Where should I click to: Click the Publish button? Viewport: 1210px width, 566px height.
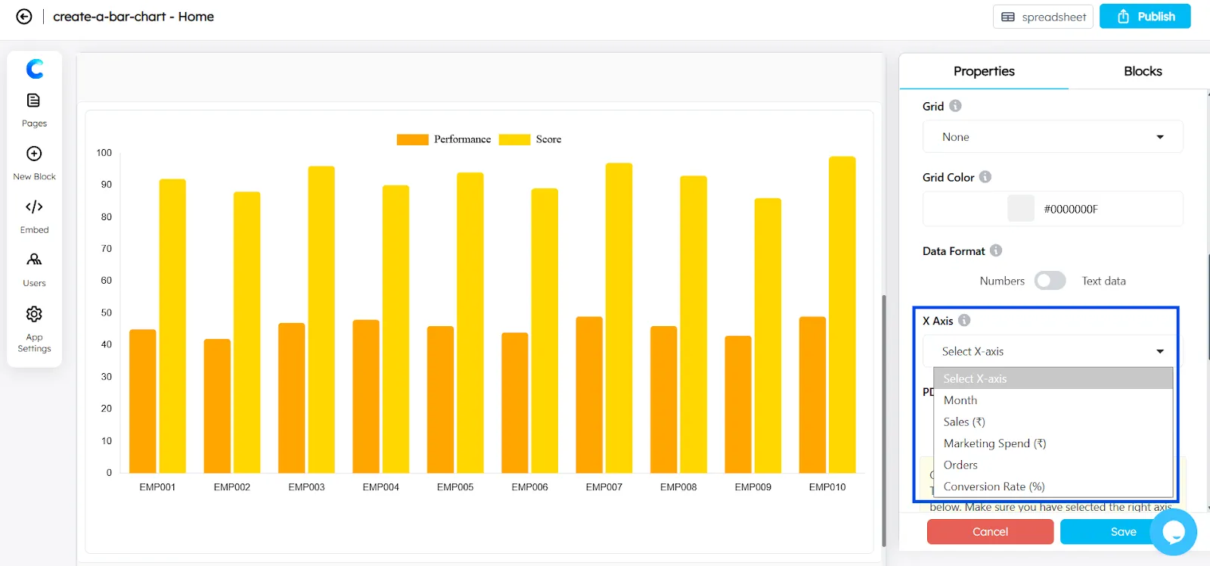1145,17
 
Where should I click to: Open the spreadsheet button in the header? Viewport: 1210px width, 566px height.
1043,17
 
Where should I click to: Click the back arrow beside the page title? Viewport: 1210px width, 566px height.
24,17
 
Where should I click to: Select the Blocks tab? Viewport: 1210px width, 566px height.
1142,71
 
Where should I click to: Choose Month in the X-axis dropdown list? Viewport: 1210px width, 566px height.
960,400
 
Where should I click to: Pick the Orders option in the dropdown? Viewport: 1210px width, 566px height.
960,465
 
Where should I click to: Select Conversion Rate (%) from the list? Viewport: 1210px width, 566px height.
994,487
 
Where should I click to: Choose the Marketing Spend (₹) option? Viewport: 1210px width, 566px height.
994,443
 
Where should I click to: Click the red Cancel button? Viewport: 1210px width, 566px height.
990,532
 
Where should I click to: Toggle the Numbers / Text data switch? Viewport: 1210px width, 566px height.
1050,281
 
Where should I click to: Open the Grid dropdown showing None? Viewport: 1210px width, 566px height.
1052,137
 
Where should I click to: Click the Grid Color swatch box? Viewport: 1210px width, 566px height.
1021,209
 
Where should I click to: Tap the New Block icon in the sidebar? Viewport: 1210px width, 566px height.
34,154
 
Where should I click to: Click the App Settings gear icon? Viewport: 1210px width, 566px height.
34,314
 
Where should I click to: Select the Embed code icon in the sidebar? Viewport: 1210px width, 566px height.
34,207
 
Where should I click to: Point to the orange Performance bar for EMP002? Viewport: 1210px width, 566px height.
217,406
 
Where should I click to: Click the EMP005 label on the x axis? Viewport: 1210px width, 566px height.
455,487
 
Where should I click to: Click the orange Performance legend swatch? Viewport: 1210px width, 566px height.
412,139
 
